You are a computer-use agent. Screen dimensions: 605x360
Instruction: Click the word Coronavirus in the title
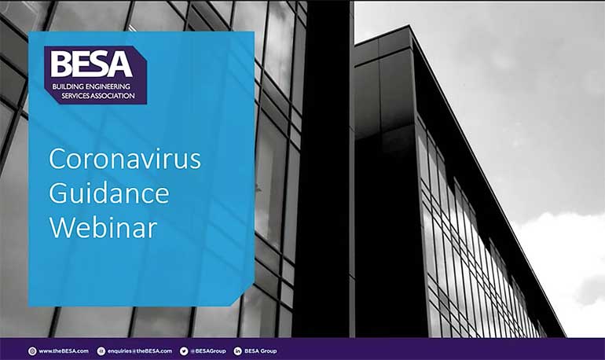(x=125, y=159)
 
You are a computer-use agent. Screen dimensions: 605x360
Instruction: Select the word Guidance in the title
(x=109, y=193)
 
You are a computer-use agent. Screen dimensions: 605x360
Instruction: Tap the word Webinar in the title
(x=104, y=227)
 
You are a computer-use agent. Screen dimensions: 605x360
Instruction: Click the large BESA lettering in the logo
(x=91, y=64)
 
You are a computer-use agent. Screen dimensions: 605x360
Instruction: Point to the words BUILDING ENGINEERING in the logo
(x=91, y=86)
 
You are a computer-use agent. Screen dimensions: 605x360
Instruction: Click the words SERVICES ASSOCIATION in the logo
(x=98, y=96)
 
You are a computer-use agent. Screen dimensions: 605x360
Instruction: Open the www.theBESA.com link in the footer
(x=64, y=351)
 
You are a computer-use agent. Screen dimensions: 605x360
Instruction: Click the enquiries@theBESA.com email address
(x=140, y=351)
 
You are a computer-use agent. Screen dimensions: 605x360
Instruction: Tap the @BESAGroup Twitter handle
(x=208, y=351)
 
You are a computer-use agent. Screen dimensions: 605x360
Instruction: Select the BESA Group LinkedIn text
(x=260, y=351)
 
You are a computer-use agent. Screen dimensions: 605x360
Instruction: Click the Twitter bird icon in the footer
(x=184, y=351)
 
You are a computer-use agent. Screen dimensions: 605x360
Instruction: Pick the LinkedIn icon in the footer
(x=237, y=351)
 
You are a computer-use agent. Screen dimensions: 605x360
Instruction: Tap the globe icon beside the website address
(x=32, y=351)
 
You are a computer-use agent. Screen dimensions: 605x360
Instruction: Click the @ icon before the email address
(x=101, y=351)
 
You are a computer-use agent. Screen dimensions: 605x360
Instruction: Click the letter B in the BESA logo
(x=60, y=64)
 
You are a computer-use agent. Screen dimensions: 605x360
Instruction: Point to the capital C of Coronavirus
(x=57, y=159)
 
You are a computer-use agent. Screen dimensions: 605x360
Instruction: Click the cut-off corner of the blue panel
(x=243, y=296)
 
